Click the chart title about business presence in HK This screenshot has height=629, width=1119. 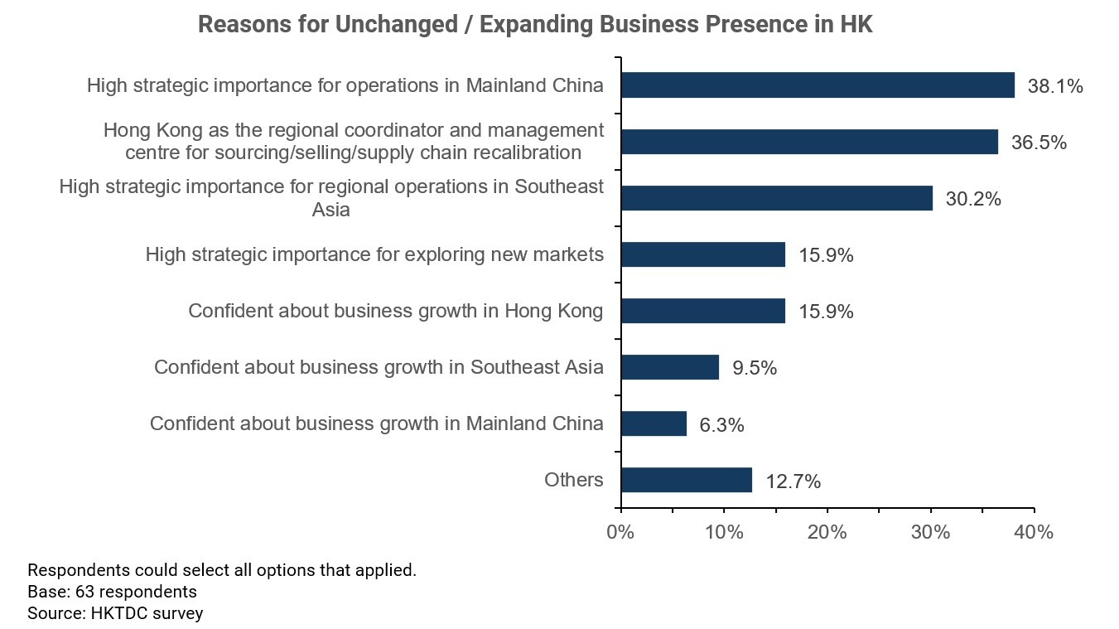(535, 25)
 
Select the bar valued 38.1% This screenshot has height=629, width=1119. (818, 85)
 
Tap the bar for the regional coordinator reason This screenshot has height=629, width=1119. (809, 142)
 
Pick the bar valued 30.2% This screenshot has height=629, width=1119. (776, 198)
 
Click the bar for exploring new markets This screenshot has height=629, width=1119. (702, 254)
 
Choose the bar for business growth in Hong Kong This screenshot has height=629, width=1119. (702, 311)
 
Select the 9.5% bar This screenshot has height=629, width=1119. (669, 367)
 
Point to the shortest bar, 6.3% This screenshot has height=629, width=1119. (654, 423)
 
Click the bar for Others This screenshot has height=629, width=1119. (686, 480)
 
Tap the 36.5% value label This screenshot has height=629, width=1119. (1039, 143)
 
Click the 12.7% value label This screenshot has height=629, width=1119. (793, 481)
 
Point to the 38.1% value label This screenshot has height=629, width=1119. (1055, 86)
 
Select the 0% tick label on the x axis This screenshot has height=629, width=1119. (620, 532)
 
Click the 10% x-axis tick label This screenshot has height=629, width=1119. (724, 532)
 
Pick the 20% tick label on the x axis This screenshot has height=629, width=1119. (827, 532)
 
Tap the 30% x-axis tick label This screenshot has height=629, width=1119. (931, 532)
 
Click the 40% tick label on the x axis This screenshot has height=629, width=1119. (1034, 532)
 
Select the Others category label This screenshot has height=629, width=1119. (573, 480)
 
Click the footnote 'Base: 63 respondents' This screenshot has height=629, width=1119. (112, 592)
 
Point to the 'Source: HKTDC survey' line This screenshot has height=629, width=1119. (115, 613)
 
